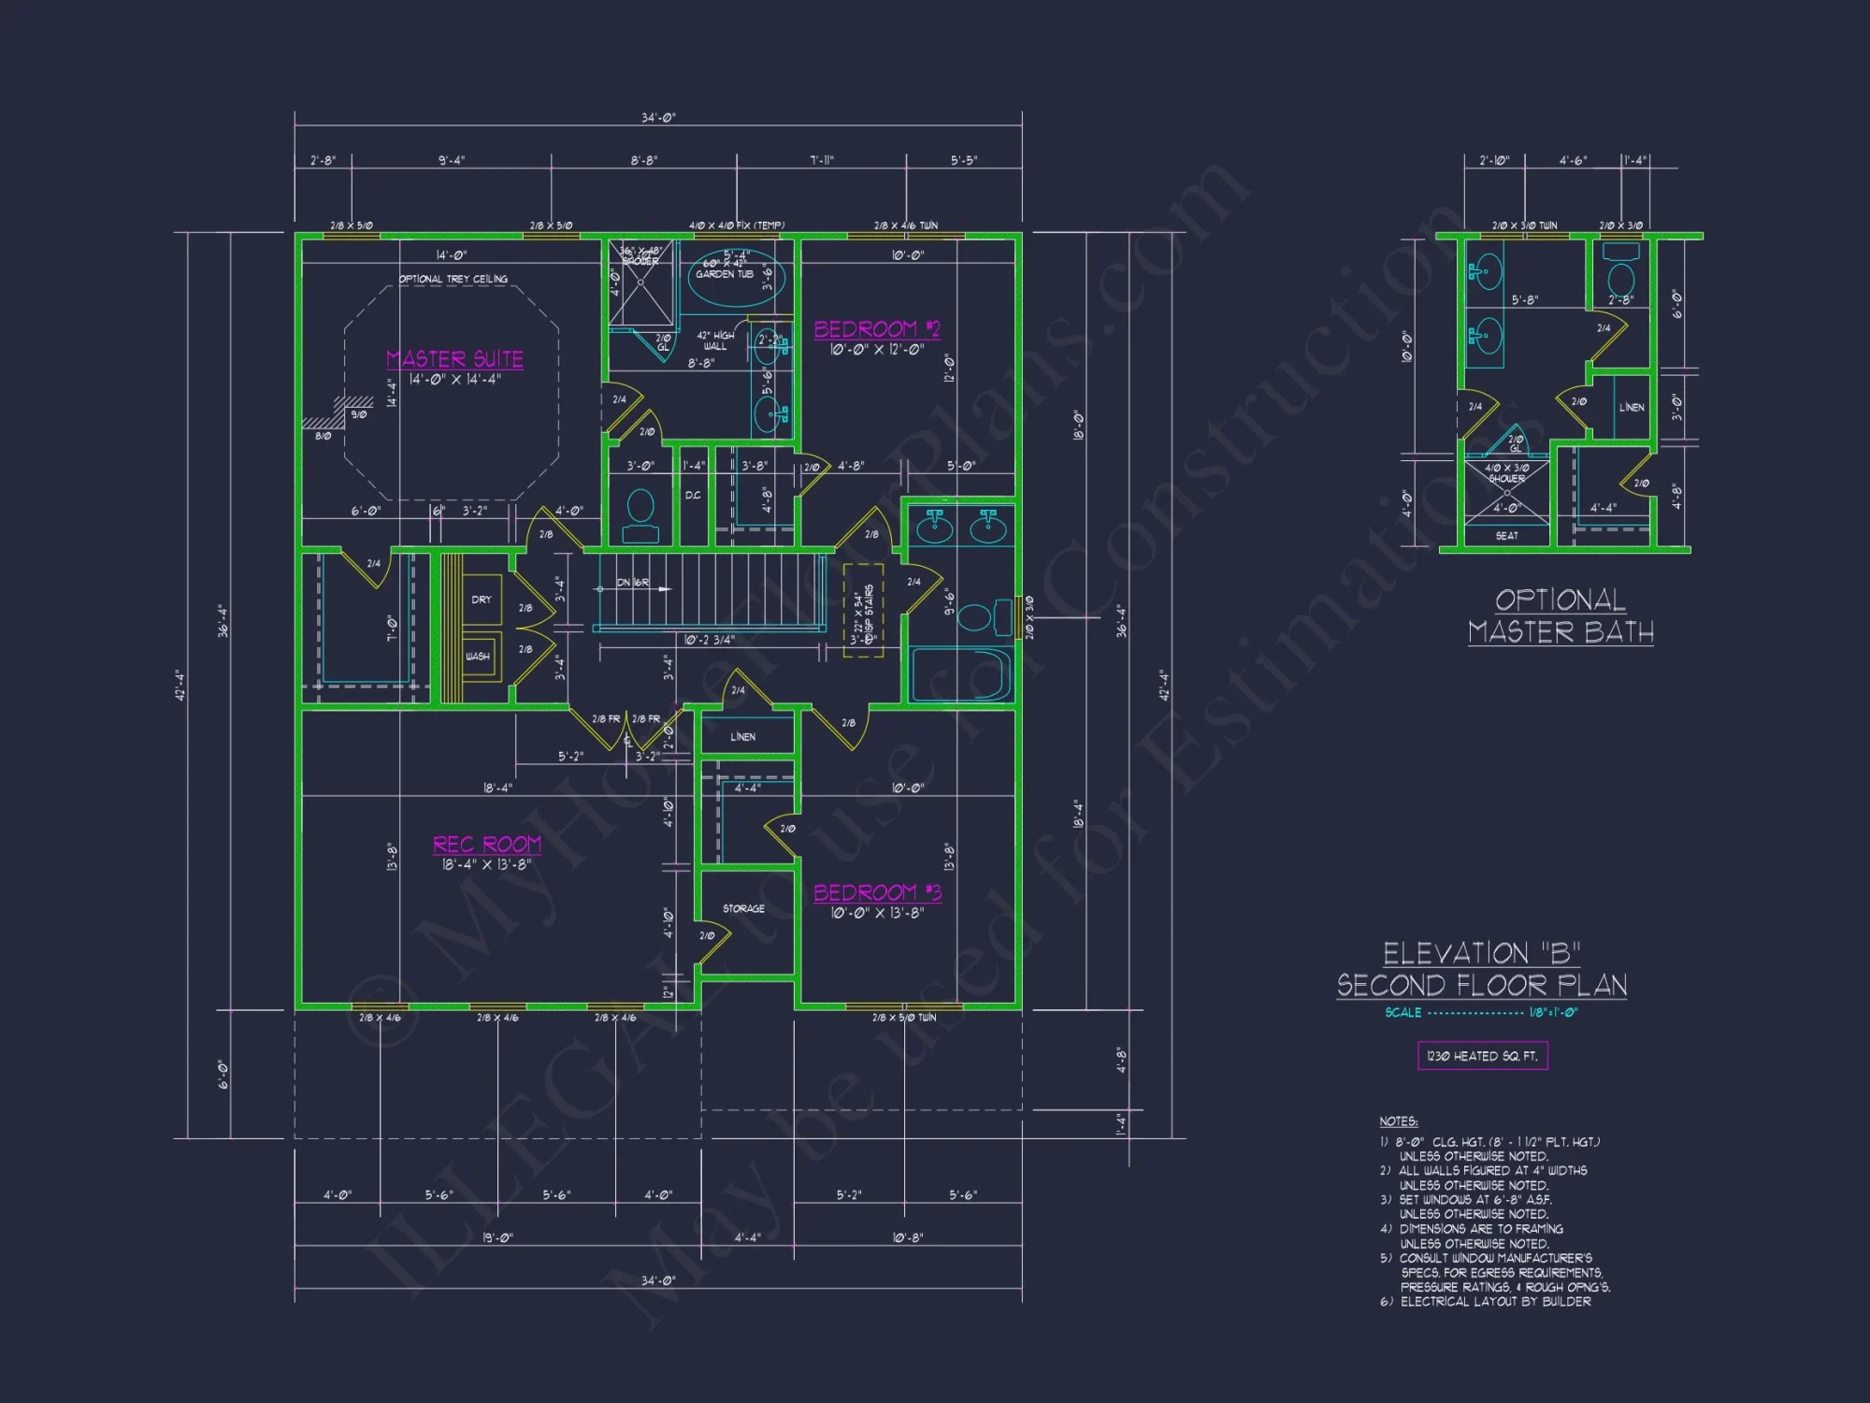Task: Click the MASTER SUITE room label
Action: coord(454,359)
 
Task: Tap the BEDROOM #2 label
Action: coord(876,329)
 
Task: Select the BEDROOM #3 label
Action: coord(876,892)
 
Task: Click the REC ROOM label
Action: coord(486,845)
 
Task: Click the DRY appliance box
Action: coord(482,600)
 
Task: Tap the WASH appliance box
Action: coord(478,657)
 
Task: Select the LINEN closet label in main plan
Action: coord(742,737)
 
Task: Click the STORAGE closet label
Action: coord(743,908)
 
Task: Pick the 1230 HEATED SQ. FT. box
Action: coord(1482,1056)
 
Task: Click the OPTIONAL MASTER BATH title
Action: coord(1560,615)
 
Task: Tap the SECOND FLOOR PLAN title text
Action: coord(1481,985)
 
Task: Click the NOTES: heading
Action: coord(1398,1121)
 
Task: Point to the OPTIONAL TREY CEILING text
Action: coord(453,279)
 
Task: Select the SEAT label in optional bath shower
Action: coord(1506,536)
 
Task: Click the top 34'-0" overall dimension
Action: coord(657,118)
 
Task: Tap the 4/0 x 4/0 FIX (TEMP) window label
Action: coord(737,225)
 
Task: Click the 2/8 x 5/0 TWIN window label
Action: coord(903,1018)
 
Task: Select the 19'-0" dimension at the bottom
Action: coord(497,1237)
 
